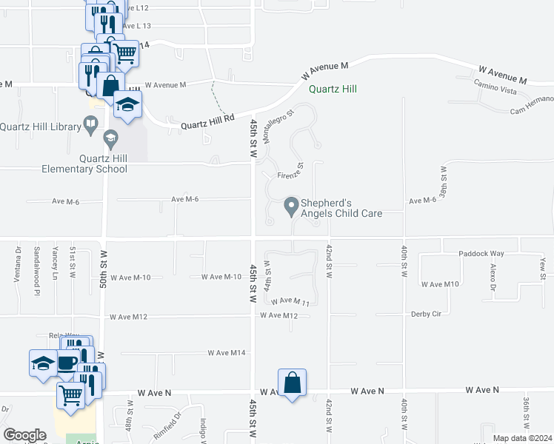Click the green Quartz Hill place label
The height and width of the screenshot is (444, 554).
point(333,89)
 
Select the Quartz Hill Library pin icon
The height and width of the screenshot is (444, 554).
point(92,127)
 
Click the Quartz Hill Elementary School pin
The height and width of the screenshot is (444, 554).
point(110,137)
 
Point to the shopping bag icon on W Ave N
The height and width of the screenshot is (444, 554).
point(293,383)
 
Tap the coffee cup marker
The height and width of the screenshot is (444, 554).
point(67,363)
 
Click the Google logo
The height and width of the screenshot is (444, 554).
point(24,434)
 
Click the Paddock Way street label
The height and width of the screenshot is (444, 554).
point(481,253)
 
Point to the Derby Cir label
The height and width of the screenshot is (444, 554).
point(426,314)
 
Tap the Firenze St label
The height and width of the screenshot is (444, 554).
point(290,175)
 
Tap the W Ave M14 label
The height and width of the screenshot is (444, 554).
point(227,353)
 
